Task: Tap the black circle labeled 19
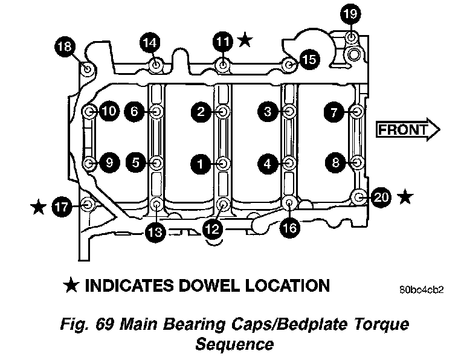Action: point(350,13)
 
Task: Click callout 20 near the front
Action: point(382,196)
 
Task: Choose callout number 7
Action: point(333,112)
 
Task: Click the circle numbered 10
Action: point(109,111)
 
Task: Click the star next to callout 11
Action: point(245,40)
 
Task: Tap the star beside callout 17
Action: point(39,207)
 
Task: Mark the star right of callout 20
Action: point(407,196)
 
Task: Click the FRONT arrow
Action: point(408,129)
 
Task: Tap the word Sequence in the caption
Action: point(234,345)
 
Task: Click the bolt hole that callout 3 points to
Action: point(289,112)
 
